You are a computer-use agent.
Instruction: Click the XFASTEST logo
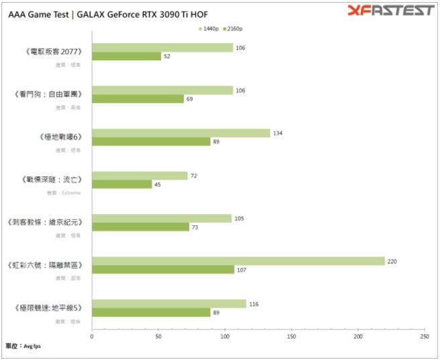pos(391,10)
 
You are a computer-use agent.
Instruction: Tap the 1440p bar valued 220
pos(238,261)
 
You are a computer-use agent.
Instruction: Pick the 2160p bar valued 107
pos(163,269)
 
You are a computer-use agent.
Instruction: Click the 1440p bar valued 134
pos(181,133)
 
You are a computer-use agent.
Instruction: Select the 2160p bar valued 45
pos(121,184)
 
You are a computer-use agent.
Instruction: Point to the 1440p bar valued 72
pos(140,176)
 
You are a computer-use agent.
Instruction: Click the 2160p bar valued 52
pos(126,56)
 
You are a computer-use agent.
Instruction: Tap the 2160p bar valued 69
pos(137,99)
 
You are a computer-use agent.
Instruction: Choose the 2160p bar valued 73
pos(140,227)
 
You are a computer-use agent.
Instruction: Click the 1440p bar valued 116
pos(169,304)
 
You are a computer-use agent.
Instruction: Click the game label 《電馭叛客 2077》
pos(53,52)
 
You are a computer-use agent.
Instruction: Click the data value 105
pos(239,218)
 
